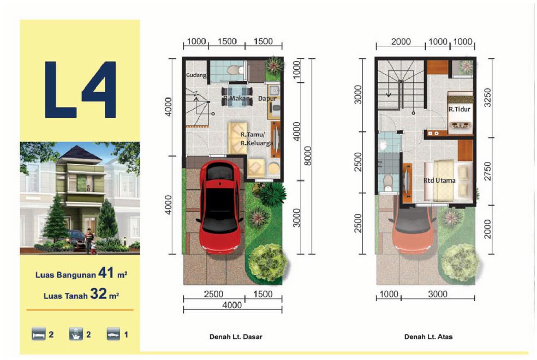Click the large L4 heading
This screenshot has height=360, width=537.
[x=80, y=89]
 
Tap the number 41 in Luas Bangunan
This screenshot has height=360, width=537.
[x=105, y=273]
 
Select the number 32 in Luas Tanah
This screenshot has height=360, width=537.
[x=98, y=293]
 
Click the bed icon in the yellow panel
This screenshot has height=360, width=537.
[x=38, y=334]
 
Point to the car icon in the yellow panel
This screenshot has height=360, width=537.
[x=114, y=334]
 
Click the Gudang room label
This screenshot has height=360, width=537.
[x=196, y=75]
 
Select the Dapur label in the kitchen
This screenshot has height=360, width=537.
[x=267, y=99]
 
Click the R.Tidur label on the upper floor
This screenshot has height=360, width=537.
[x=460, y=109]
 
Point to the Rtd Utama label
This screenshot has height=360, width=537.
[x=439, y=181]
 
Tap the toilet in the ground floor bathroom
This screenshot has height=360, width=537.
[x=235, y=70]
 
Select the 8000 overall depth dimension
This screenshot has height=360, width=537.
[x=308, y=155]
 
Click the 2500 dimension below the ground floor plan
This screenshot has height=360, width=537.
[x=213, y=294]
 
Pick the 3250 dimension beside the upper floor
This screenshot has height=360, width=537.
[x=487, y=98]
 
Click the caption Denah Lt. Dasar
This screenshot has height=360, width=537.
[x=236, y=337]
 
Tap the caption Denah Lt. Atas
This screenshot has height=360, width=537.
[x=428, y=337]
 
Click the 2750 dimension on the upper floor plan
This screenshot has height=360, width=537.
[x=487, y=171]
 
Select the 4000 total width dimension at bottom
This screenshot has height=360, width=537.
[x=232, y=305]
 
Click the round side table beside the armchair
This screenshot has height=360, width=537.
[x=273, y=169]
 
